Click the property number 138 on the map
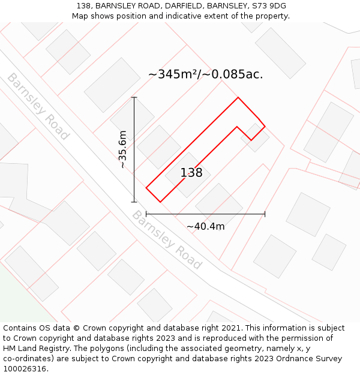coord(191,173)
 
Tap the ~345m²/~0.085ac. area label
coord(205,75)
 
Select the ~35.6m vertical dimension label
coord(123,149)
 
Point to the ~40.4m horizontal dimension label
coord(205,226)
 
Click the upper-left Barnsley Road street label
coord(38,106)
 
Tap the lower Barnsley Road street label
coord(167,239)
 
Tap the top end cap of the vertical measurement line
coord(134,97)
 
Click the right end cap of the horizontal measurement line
coord(265,214)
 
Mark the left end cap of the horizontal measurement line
coord(146,214)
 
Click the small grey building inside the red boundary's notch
coord(254,137)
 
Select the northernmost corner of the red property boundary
coord(238,97)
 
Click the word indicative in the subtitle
coord(174,16)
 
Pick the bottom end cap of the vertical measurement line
coord(134,202)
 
